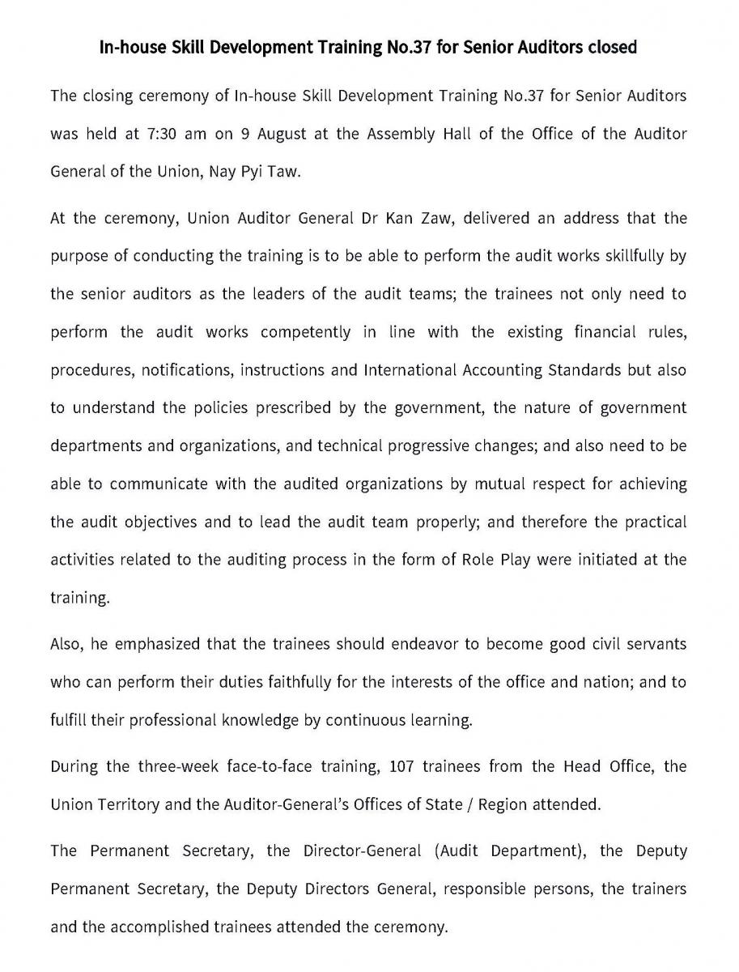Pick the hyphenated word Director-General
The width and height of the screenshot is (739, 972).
coord(360,851)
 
